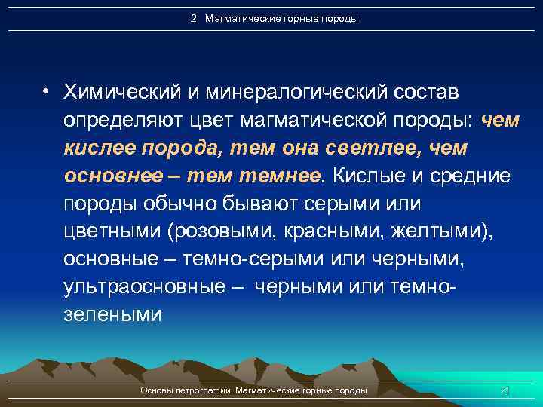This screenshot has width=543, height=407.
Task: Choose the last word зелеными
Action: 112,315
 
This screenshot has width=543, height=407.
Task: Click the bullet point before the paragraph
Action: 47,93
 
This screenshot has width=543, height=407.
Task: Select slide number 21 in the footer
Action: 505,390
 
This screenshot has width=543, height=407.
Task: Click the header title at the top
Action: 275,18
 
